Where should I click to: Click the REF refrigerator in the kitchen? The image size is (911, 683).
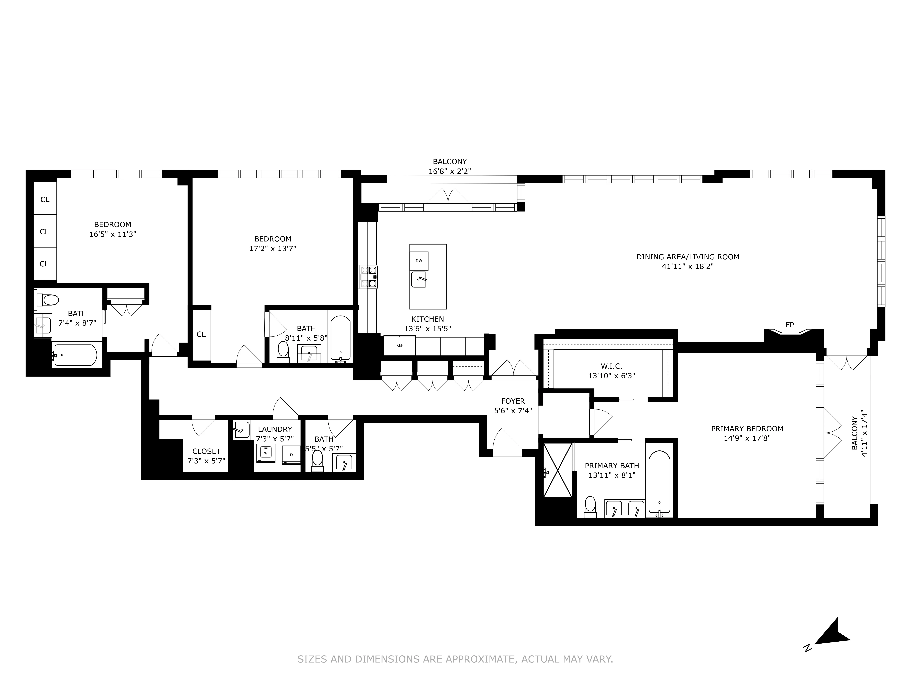coord(399,345)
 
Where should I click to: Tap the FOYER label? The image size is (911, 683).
coord(513,401)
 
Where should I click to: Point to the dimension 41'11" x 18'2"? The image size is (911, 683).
coord(687,266)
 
